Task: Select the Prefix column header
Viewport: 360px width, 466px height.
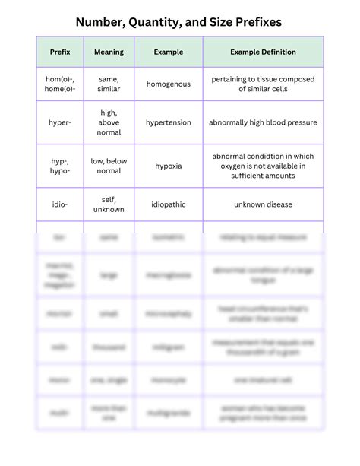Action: (60, 52)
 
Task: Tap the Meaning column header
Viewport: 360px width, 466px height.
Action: (109, 52)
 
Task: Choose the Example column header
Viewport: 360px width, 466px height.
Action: (168, 52)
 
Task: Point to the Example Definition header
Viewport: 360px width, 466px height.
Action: (263, 52)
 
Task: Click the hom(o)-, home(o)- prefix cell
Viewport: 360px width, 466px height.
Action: (60, 84)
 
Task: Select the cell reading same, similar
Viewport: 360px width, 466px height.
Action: (109, 84)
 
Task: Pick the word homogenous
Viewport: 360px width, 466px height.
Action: (168, 84)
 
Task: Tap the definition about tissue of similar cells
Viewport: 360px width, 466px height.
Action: (263, 84)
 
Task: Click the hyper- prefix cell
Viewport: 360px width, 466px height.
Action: (60, 122)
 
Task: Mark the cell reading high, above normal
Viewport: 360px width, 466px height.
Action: (109, 122)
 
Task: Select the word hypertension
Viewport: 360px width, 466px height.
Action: (168, 122)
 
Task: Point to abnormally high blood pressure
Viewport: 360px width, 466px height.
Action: (263, 122)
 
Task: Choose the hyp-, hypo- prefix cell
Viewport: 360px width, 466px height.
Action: (60, 166)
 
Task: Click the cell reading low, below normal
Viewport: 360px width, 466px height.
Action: (109, 166)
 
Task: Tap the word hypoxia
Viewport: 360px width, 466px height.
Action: (168, 166)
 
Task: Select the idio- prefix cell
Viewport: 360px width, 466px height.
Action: (60, 204)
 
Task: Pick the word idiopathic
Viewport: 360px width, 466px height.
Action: (168, 204)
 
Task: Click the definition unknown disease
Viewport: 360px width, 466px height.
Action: (263, 204)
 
